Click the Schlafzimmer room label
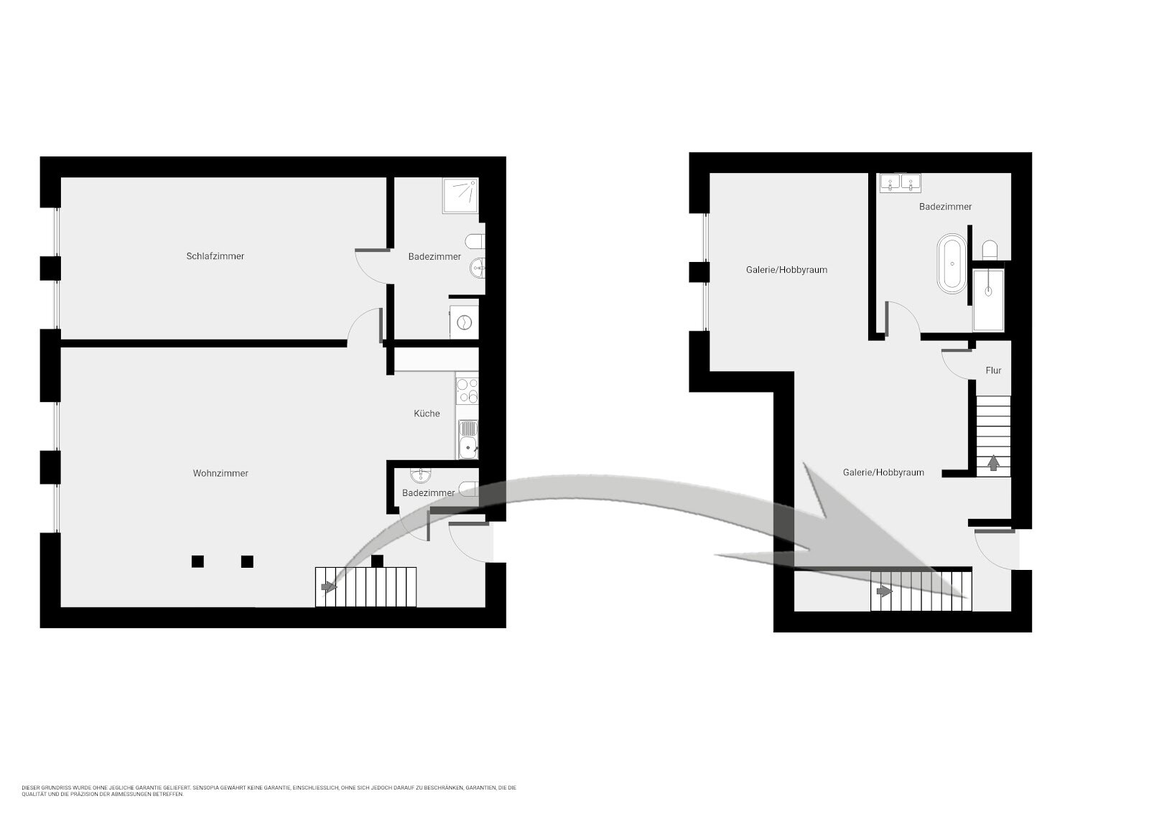point(215,256)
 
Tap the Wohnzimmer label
point(220,473)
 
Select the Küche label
point(427,413)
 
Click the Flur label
point(993,370)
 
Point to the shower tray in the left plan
point(460,195)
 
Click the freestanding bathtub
point(952,264)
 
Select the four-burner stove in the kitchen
point(467,390)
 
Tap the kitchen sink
point(467,439)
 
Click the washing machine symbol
point(464,322)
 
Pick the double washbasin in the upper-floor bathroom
point(901,183)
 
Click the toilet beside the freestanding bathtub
point(990,251)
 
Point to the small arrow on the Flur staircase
point(994,463)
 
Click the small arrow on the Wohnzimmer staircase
point(329,587)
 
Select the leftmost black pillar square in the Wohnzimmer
point(197,561)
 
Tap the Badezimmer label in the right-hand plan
point(945,207)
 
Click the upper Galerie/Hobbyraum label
point(786,270)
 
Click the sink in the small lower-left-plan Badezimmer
point(421,475)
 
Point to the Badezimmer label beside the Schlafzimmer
point(434,256)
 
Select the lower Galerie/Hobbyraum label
point(883,472)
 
